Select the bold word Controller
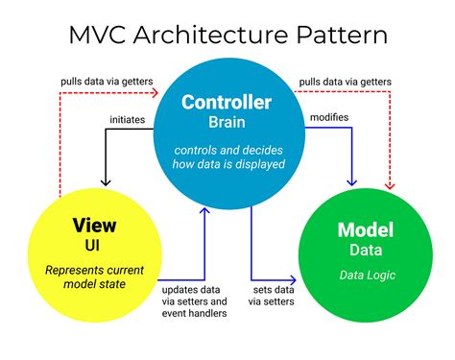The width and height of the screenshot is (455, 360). [227, 103]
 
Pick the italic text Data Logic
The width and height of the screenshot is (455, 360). [364, 276]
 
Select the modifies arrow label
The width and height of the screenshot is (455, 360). [328, 116]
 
